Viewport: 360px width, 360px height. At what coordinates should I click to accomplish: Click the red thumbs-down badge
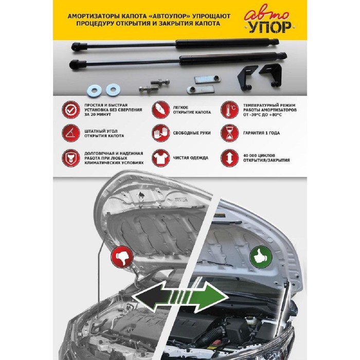[x=122, y=257]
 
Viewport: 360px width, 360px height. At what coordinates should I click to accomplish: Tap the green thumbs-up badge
[x=261, y=257]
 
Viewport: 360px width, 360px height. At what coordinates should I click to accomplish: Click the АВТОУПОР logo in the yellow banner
[x=268, y=22]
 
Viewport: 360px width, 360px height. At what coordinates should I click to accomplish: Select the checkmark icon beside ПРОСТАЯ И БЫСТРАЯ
[x=70, y=110]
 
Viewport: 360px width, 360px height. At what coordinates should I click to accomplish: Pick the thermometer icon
[x=229, y=110]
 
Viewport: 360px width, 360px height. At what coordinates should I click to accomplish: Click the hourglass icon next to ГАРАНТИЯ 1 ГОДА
[x=229, y=133]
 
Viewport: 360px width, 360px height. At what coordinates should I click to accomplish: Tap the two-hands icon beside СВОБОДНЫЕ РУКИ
[x=160, y=133]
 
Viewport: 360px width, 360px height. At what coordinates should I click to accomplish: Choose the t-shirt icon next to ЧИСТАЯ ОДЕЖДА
[x=160, y=158]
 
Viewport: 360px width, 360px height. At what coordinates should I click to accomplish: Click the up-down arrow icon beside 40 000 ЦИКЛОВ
[x=229, y=158]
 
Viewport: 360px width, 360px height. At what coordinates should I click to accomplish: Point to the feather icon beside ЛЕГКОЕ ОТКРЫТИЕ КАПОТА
[x=160, y=110]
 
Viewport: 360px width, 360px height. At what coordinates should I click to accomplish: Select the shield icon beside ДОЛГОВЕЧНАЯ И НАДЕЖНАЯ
[x=70, y=158]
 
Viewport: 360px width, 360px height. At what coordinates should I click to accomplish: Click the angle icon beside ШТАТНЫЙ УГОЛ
[x=70, y=133]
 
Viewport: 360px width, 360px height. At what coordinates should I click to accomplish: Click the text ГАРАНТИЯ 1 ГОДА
[x=261, y=133]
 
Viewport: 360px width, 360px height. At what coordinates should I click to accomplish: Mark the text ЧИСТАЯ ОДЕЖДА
[x=191, y=158]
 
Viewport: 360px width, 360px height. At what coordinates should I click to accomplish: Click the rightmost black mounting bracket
[x=271, y=75]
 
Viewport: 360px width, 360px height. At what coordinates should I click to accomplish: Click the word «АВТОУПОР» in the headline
[x=169, y=16]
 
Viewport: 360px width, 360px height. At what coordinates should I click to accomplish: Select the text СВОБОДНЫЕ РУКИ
[x=192, y=133]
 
